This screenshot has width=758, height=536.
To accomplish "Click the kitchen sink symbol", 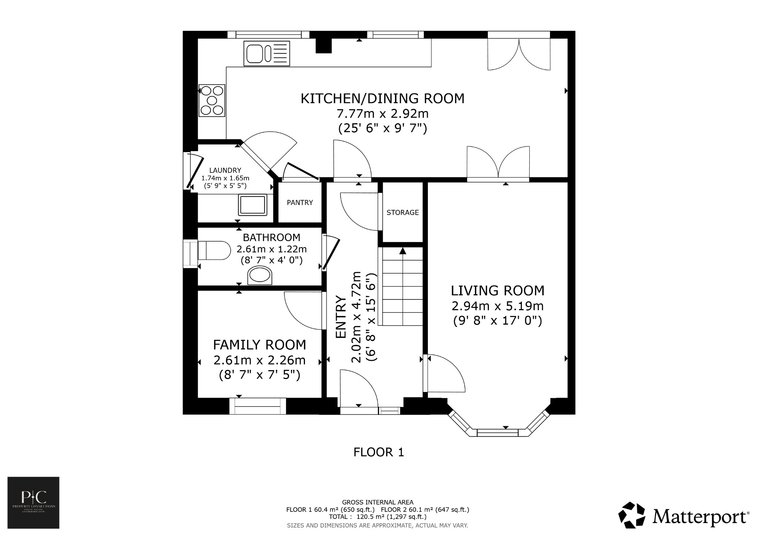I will point(266,53).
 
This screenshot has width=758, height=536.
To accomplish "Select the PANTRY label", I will point(300,202).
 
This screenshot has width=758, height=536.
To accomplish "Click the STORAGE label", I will point(403,212).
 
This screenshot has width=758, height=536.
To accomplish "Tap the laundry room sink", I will point(253,205).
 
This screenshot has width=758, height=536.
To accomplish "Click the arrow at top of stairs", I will point(403,251).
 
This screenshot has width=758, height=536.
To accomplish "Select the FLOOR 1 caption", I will point(379,452).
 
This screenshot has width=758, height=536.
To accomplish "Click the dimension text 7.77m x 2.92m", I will point(382,113).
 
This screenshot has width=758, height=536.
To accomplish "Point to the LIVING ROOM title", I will point(497,291).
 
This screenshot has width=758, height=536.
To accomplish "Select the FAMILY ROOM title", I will point(259,345).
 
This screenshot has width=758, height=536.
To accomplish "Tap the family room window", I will point(258,406).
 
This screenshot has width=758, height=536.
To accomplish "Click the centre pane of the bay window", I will point(497,432).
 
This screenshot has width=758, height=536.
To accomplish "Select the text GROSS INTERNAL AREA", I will point(378,502).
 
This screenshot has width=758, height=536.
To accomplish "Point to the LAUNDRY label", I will point(225,170).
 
